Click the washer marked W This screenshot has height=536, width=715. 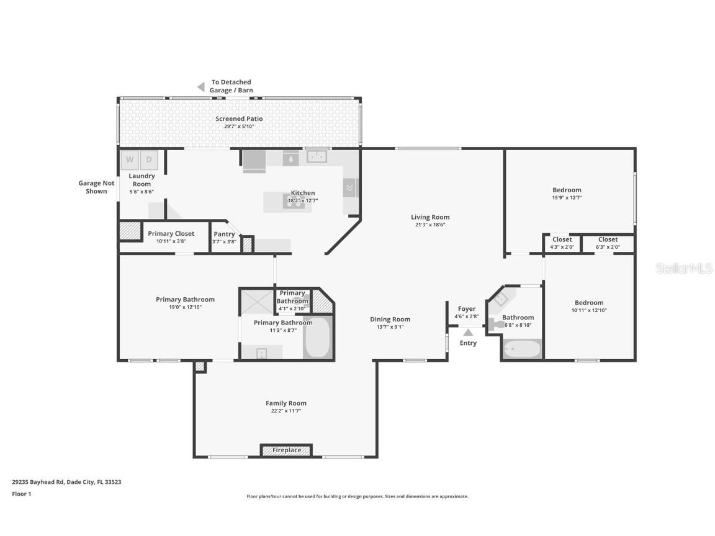point(130,160)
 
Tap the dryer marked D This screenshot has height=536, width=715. point(149,160)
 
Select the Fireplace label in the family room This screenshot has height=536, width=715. point(286,450)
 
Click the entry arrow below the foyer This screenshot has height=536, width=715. point(468,333)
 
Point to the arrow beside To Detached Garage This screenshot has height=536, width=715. point(200,87)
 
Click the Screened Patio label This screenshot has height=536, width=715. point(239,118)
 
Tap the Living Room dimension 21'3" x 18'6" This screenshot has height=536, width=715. point(430,225)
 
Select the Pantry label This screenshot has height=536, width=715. point(224,234)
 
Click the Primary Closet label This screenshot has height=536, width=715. point(171,233)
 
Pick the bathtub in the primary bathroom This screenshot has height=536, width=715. point(317,338)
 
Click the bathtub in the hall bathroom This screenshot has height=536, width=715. point(522,349)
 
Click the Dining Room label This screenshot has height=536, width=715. point(390,319)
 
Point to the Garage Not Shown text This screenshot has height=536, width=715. point(97,187)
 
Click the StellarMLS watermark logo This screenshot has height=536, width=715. point(685,268)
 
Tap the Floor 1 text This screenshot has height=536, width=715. point(22,494)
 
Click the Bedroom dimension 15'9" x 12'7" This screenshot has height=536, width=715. point(567,198)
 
